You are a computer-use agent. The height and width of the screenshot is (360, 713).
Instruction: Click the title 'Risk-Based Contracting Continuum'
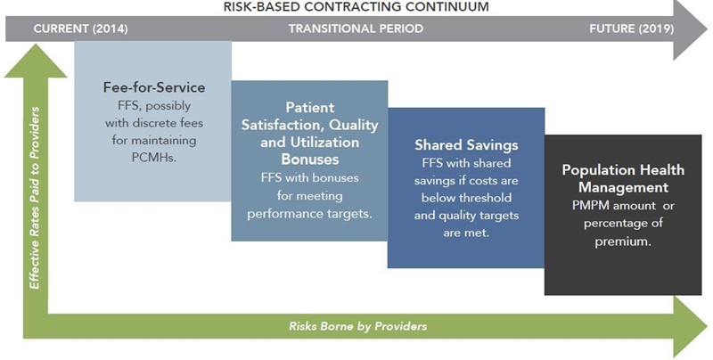(356, 7)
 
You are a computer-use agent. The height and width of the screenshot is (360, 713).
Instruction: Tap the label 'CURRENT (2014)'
(80, 29)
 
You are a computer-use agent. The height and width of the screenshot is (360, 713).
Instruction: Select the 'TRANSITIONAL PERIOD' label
(356, 29)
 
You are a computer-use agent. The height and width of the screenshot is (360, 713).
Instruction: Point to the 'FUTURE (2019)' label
(632, 29)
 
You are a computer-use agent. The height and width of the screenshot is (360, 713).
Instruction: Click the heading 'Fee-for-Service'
(154, 87)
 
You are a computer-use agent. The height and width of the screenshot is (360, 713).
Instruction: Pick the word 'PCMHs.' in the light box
(154, 158)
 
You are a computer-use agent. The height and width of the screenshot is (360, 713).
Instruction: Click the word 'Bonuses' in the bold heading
(309, 160)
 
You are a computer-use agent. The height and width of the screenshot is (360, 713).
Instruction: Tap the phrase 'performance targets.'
(309, 214)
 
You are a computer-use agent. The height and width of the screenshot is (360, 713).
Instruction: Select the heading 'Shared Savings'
(466, 145)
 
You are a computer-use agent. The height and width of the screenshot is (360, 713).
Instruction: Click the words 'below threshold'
(466, 198)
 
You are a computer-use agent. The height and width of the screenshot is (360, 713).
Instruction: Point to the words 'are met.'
(466, 233)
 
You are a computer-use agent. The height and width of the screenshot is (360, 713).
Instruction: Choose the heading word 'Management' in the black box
(623, 188)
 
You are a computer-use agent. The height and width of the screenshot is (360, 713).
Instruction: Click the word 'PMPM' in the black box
(590, 206)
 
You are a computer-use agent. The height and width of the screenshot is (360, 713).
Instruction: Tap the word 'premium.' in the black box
(623, 241)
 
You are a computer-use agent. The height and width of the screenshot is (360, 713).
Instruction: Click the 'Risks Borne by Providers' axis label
(358, 326)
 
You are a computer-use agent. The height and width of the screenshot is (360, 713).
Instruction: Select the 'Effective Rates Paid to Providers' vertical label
(35, 198)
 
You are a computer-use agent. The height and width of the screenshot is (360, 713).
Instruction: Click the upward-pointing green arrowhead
(36, 61)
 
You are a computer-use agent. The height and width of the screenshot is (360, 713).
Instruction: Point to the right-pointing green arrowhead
(690, 326)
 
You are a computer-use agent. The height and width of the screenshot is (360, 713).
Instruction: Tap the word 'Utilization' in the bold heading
(309, 142)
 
